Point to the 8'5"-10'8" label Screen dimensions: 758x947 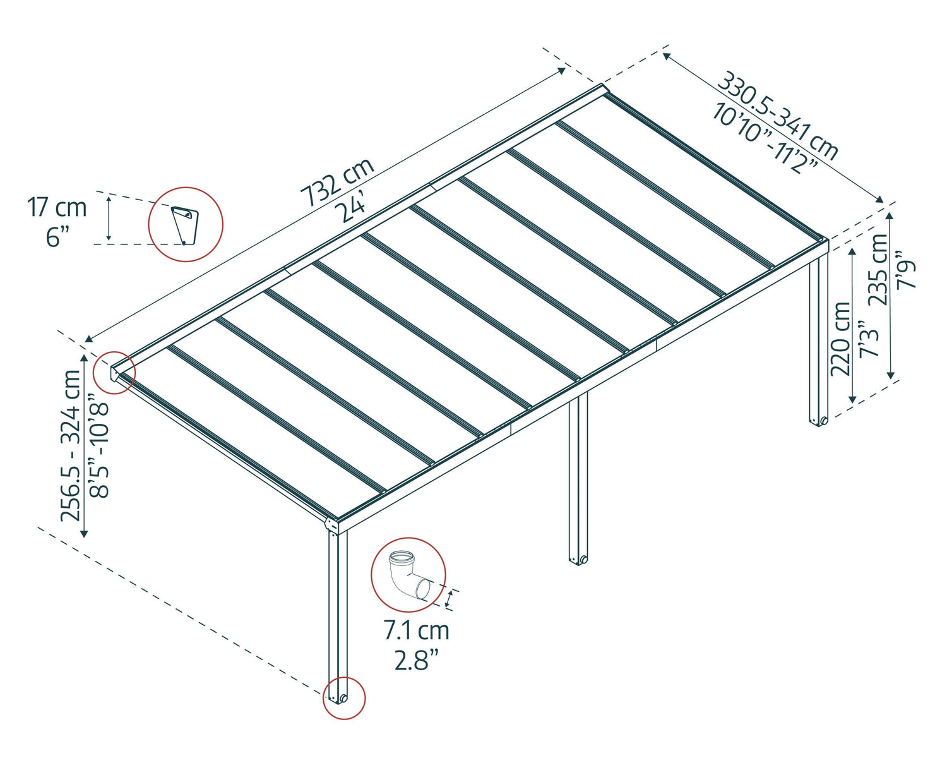coord(100,445)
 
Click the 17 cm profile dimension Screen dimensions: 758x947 coord(57,207)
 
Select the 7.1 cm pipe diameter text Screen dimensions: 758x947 coord(416,630)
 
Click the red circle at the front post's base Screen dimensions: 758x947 coord(344,698)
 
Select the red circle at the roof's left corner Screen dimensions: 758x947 coord(114,372)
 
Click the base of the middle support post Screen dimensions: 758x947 coord(578,560)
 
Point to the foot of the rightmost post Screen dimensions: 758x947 coord(819,420)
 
